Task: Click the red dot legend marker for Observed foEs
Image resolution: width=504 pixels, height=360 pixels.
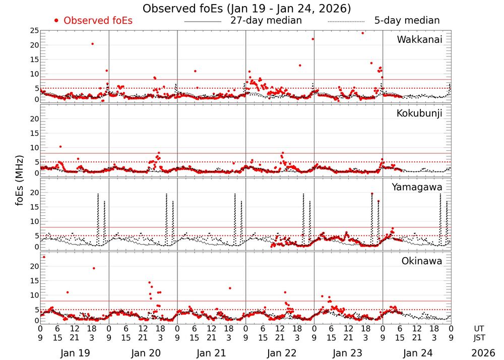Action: click(57, 21)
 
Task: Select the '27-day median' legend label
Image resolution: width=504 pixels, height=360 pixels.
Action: click(266, 21)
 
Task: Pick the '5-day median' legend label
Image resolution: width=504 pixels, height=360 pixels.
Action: click(407, 21)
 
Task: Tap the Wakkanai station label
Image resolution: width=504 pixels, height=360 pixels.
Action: click(419, 40)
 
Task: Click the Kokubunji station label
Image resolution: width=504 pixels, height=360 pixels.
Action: click(419, 113)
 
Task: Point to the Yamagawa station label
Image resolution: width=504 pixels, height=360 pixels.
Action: click(417, 188)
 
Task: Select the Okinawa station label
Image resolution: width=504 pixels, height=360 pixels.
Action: click(422, 261)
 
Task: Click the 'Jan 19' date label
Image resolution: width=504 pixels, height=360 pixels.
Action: click(75, 353)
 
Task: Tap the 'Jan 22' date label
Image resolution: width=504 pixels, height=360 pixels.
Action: click(280, 353)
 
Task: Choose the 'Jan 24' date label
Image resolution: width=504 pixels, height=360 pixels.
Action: click(417, 353)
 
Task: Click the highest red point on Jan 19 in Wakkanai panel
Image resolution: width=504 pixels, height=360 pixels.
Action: click(92, 44)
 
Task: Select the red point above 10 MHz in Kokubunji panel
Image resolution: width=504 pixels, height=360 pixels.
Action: click(60, 147)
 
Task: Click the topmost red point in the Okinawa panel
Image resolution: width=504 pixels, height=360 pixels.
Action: click(44, 257)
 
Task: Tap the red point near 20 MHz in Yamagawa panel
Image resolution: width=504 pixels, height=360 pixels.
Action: click(372, 194)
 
